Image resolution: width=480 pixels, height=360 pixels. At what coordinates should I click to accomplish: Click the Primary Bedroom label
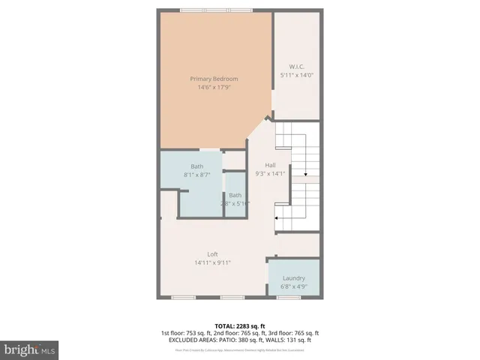click(x=214, y=79)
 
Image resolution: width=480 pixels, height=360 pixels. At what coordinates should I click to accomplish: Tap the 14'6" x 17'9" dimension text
click(x=214, y=87)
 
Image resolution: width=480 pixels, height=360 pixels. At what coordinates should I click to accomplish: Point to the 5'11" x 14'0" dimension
click(x=295, y=75)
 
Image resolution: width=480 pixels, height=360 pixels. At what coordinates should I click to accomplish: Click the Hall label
click(x=271, y=165)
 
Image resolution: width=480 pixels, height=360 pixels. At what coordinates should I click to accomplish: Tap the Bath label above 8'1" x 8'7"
click(x=196, y=166)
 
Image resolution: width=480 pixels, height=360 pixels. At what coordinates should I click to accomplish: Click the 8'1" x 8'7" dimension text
click(x=196, y=175)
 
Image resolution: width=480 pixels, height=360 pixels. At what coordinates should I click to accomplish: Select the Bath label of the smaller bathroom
click(x=235, y=195)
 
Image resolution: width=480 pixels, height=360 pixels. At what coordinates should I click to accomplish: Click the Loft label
click(x=213, y=254)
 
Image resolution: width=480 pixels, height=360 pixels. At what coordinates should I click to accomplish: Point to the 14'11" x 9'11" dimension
click(x=212, y=262)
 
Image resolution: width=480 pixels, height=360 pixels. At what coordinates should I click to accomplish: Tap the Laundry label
click(x=294, y=278)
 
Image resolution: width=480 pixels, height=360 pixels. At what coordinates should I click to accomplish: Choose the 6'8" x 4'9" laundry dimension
click(x=294, y=286)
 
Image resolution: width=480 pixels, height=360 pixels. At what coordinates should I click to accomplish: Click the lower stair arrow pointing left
click(x=278, y=218)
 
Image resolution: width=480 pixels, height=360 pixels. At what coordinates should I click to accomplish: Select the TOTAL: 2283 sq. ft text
click(x=239, y=325)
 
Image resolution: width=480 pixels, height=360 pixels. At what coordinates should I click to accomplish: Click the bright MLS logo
click(x=31, y=349)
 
